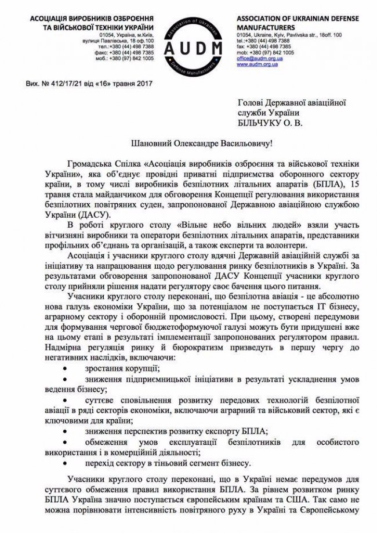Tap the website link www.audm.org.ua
click(257, 64)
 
